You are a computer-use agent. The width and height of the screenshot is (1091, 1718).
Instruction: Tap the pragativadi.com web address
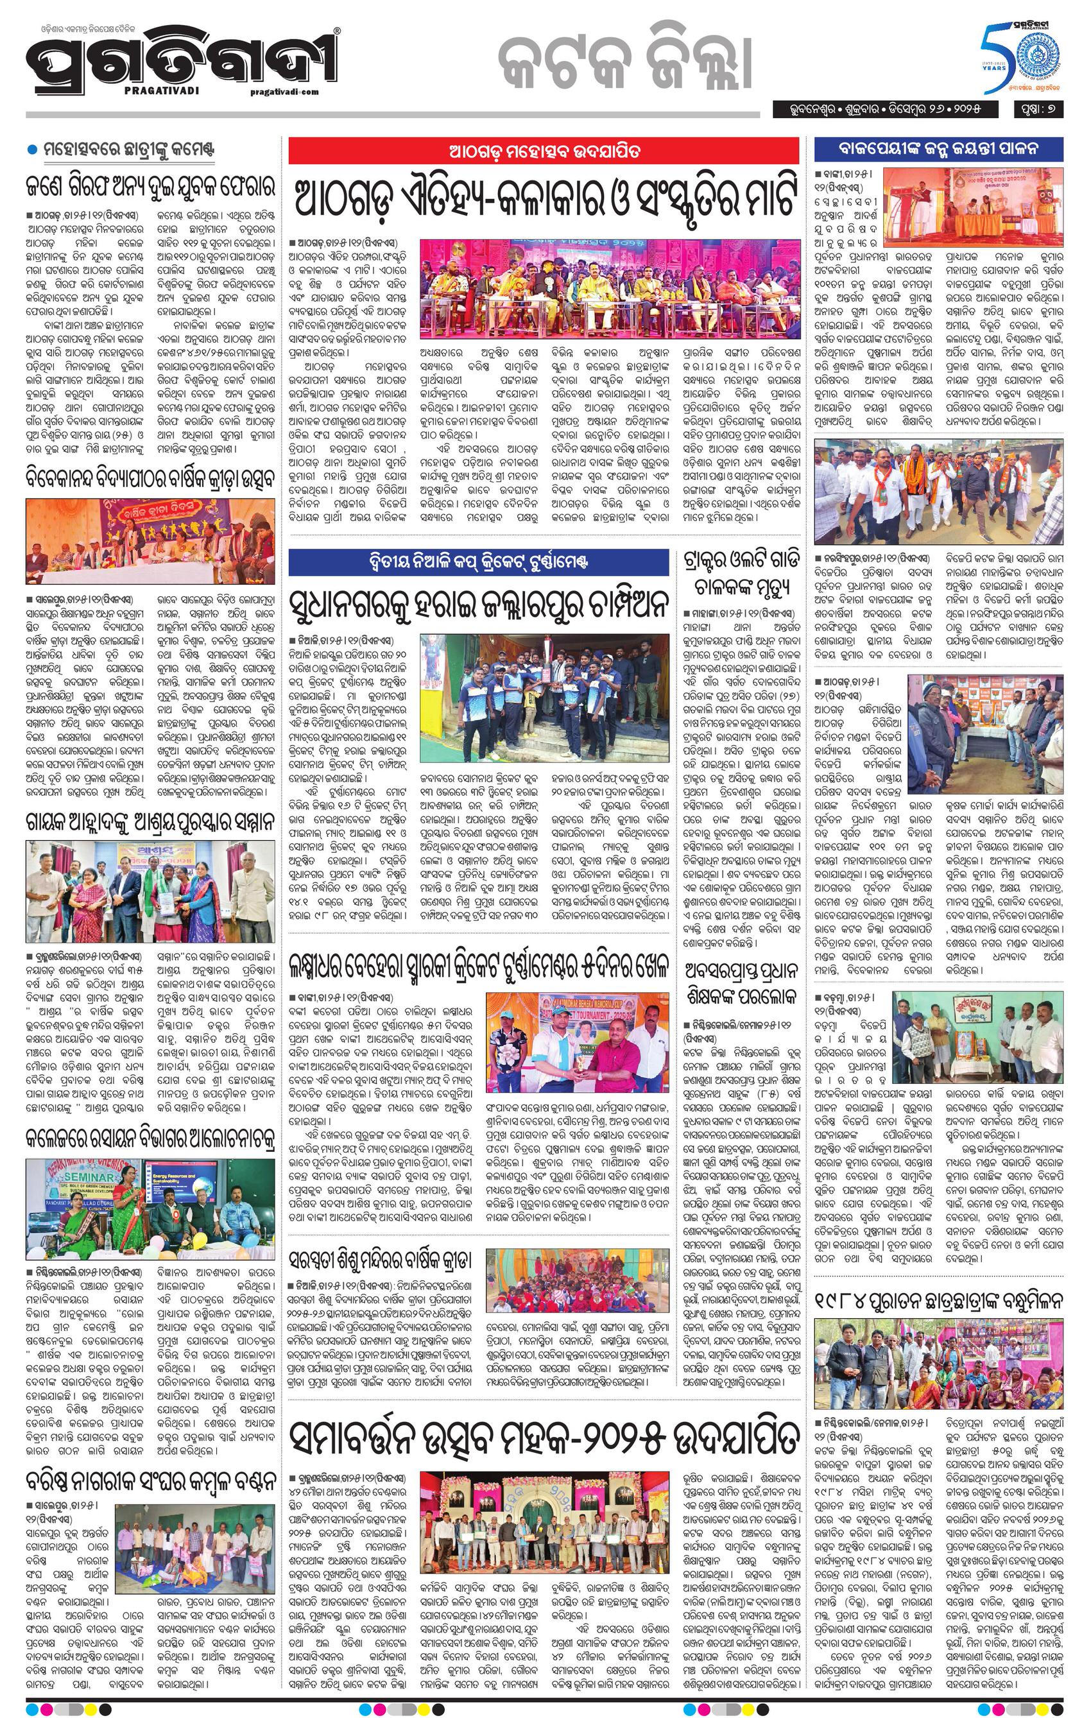point(285,91)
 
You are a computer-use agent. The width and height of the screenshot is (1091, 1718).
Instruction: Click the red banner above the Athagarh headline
point(543,151)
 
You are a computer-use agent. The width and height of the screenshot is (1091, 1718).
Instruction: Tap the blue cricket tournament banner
point(479,562)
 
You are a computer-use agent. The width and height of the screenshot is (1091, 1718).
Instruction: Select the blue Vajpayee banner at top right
point(938,148)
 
